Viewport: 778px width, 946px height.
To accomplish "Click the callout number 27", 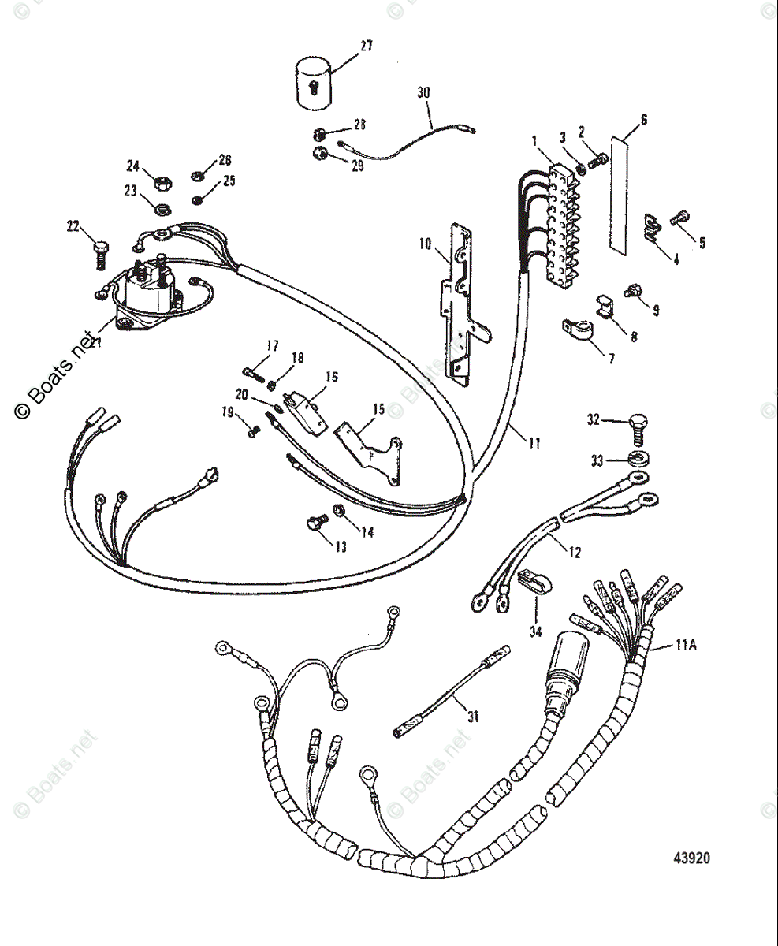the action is click(365, 47).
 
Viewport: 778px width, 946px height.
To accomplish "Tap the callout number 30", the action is click(424, 92).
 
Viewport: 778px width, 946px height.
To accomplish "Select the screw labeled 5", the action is click(679, 218).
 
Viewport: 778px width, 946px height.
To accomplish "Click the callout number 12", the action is click(574, 553).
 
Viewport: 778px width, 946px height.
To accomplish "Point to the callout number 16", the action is click(332, 378).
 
